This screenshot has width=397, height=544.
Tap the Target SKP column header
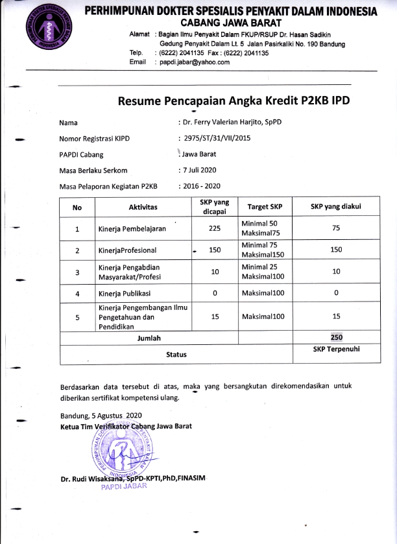(264, 207)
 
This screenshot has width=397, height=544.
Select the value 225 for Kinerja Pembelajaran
(215, 228)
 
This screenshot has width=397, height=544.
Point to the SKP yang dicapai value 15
(215, 316)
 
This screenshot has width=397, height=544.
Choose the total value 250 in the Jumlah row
(336, 338)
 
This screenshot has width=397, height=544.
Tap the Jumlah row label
(149, 338)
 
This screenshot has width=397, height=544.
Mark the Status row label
(176, 354)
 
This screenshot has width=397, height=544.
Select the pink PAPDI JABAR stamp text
(124, 488)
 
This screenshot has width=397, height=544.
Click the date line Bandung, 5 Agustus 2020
(101, 415)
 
